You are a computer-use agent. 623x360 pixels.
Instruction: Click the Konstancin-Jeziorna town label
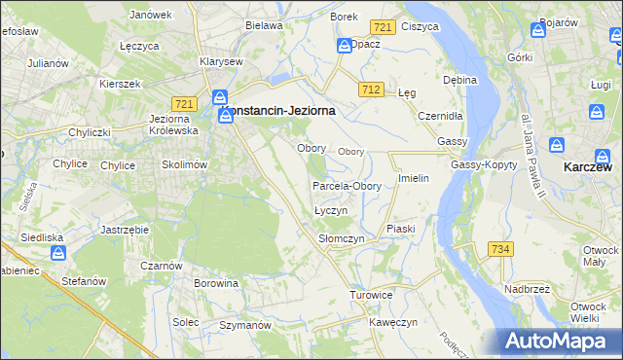[281, 112]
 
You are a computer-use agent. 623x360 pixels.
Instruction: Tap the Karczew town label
[588, 166]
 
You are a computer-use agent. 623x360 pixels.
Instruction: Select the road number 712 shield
[369, 90]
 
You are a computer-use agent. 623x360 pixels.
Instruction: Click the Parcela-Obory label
[347, 186]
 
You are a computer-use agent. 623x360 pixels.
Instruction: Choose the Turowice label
[371, 294]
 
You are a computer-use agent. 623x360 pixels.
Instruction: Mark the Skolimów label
[185, 165]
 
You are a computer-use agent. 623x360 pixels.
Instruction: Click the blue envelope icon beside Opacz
[344, 46]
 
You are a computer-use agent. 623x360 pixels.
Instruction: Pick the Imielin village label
[414, 180]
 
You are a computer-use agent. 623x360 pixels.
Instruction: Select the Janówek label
[150, 16]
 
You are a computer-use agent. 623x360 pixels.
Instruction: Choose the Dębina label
[459, 79]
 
